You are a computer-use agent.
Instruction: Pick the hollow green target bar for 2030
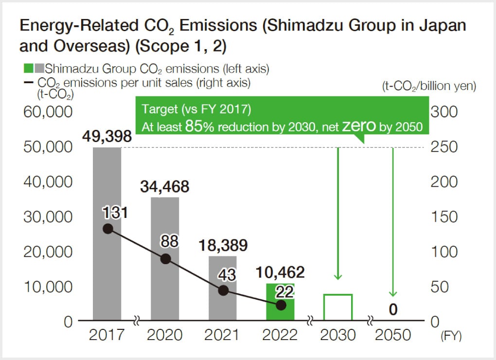point(338,307)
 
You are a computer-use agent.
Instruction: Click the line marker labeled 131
point(108,229)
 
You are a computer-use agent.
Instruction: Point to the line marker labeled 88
point(165,259)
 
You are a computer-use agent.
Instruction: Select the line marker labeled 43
point(223,290)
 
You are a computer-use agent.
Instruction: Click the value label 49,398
point(107,136)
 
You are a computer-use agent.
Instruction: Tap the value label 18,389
point(223,245)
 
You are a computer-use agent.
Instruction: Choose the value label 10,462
point(280,272)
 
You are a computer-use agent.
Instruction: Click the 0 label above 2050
point(393,310)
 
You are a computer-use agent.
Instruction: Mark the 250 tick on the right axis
point(444,147)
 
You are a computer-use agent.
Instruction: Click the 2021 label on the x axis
point(223,335)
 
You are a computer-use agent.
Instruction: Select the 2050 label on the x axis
point(393,335)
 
